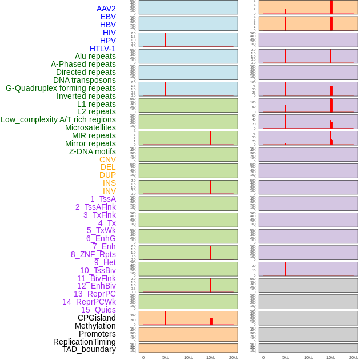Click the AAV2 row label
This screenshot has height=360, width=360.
(x=106, y=9)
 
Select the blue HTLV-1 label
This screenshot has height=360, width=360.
(x=102, y=49)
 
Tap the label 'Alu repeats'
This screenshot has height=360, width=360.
(x=95, y=56)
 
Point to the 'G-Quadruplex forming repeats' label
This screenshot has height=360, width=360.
(x=61, y=88)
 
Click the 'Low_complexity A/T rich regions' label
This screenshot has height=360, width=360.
(x=58, y=119)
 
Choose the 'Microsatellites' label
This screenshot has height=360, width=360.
(x=90, y=127)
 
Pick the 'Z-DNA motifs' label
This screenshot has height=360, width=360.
(x=92, y=151)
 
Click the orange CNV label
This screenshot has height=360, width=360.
(x=107, y=159)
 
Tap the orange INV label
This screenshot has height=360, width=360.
(x=109, y=191)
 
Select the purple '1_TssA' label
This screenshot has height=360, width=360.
(x=103, y=199)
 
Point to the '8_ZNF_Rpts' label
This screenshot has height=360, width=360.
(x=93, y=254)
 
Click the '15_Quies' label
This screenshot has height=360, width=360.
(x=98, y=310)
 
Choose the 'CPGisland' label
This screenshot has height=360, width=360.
(x=97, y=318)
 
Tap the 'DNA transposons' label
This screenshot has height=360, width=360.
(x=85, y=80)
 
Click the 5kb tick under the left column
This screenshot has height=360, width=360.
(x=166, y=357)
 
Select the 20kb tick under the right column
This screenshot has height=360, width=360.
(x=353, y=357)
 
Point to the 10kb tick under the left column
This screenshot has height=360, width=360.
(x=189, y=357)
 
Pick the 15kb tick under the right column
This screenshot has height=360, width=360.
(x=331, y=357)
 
